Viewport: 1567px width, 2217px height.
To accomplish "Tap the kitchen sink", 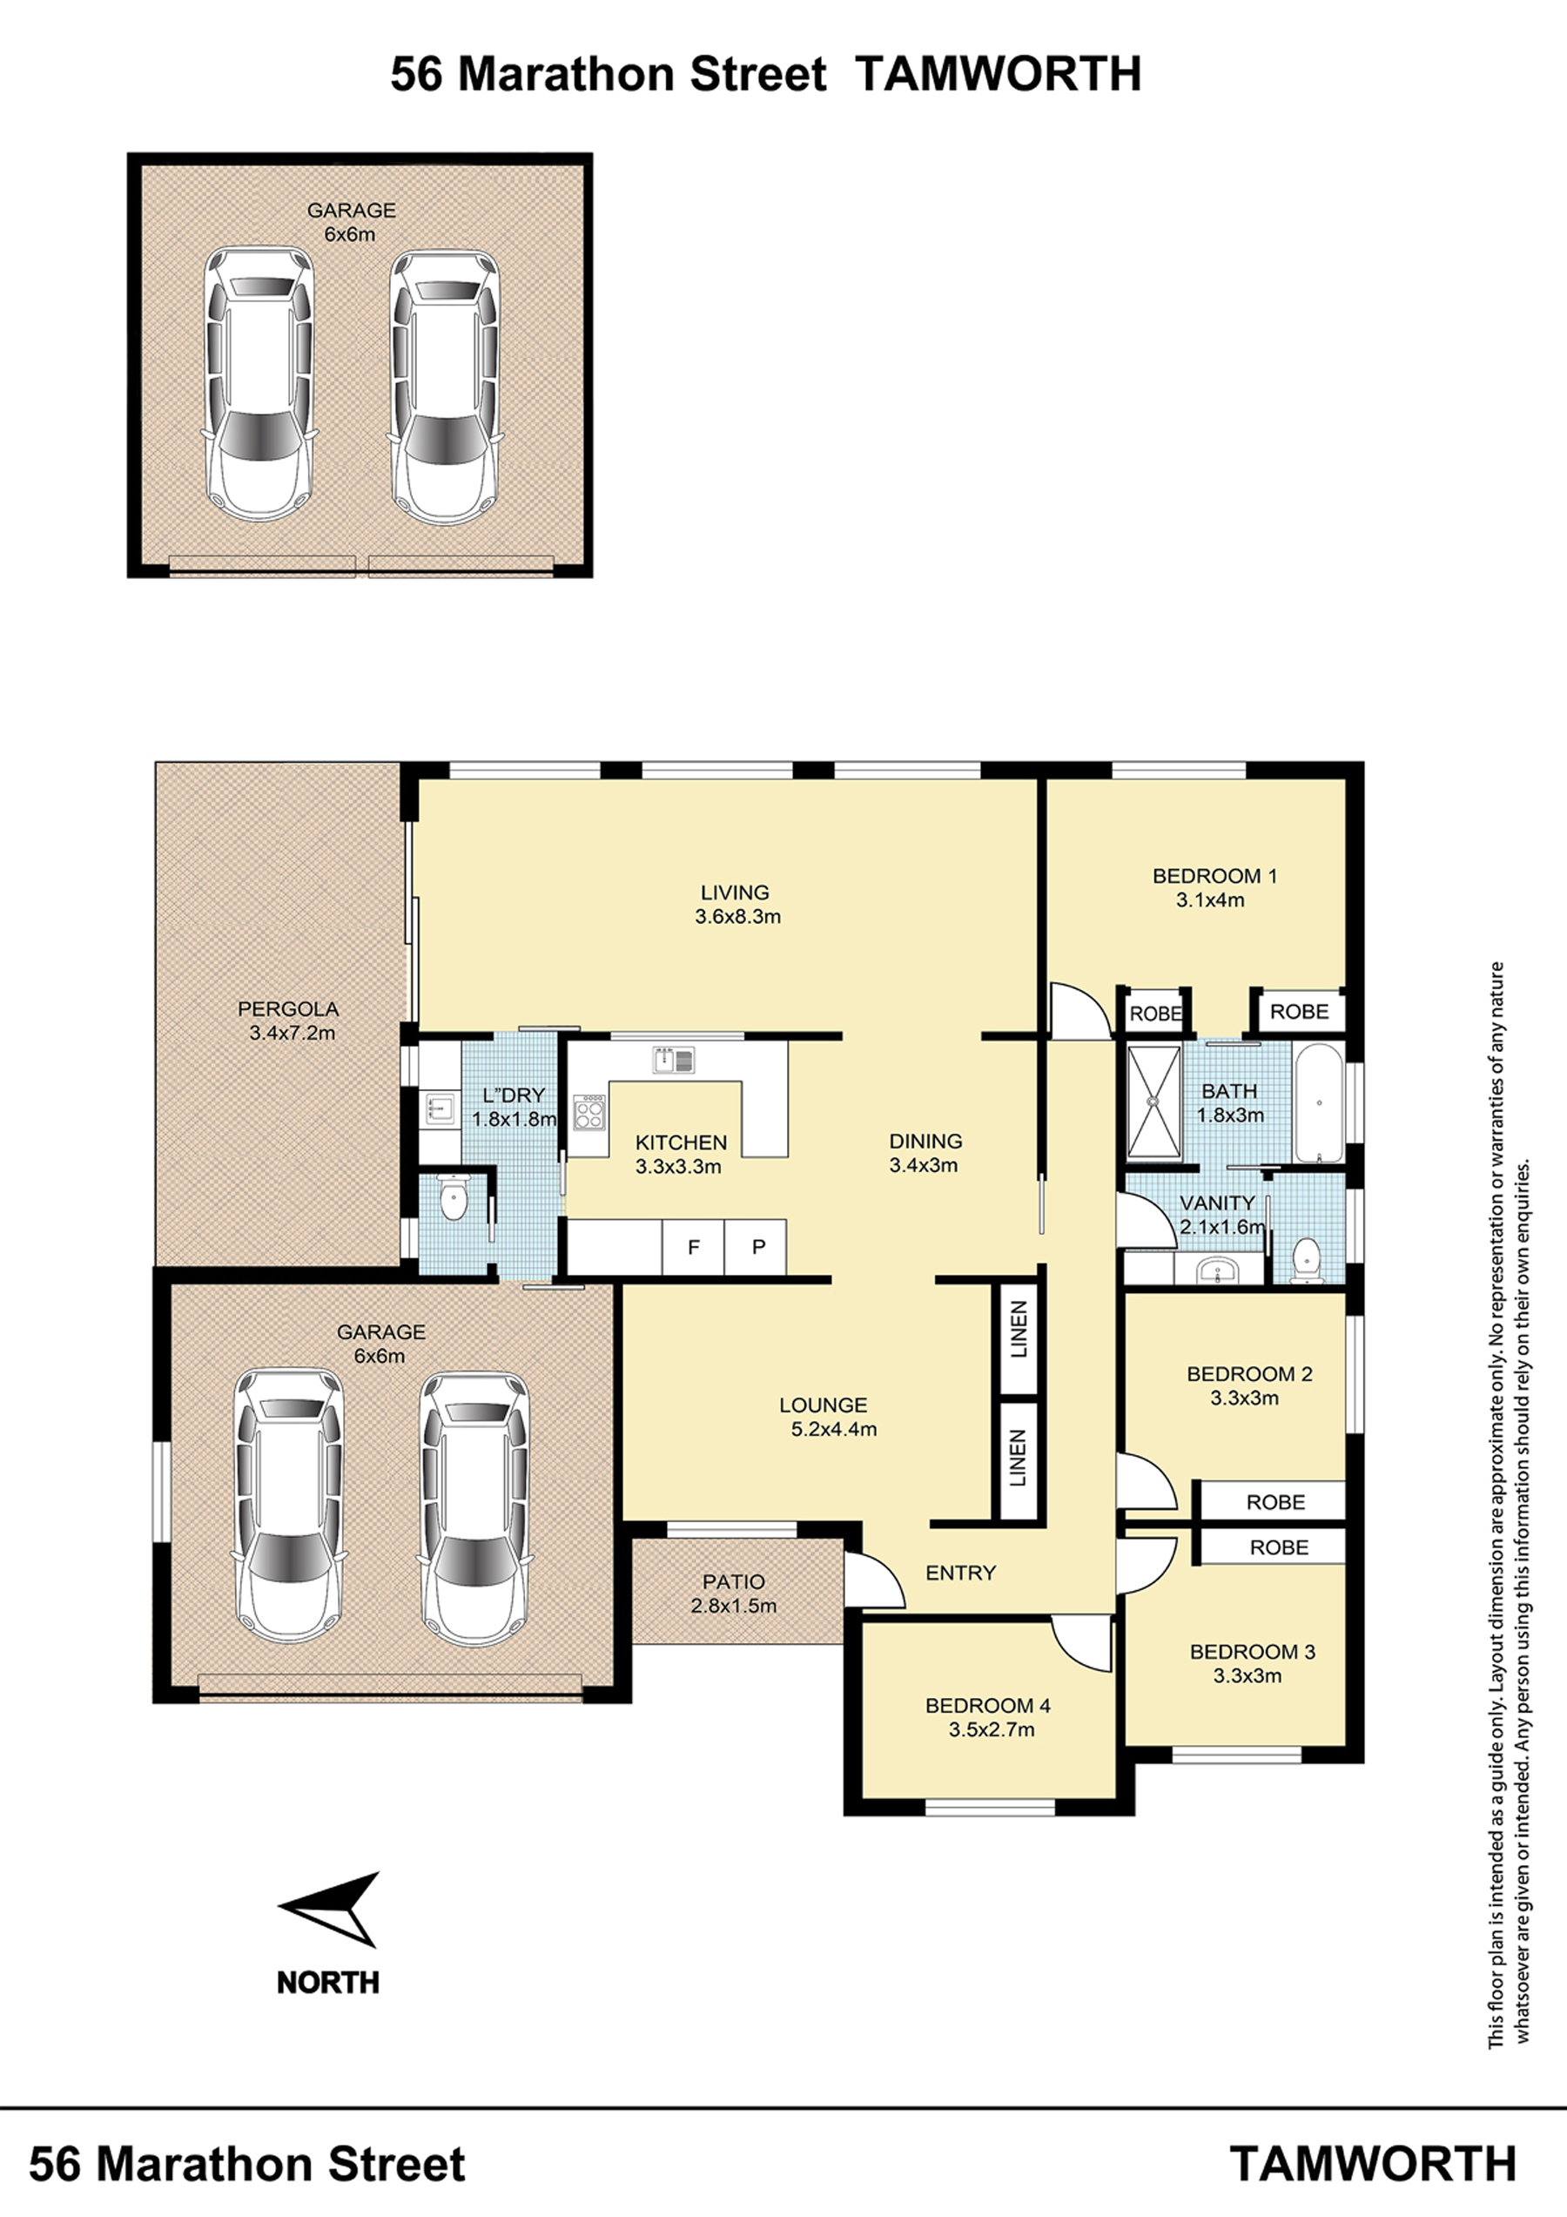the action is click(x=673, y=1061).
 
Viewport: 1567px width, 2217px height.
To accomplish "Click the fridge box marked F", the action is click(x=693, y=1247).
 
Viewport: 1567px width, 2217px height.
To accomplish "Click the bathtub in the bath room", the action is click(x=1317, y=1102).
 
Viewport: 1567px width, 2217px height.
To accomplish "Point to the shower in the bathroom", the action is click(x=1153, y=1100).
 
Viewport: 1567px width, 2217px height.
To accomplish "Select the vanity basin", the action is click(x=1219, y=1270).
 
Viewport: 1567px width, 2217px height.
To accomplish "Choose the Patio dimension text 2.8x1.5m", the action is click(x=734, y=1606).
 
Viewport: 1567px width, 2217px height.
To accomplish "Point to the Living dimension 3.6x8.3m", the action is click(x=737, y=916).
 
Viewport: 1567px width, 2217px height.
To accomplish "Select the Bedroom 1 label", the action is click(x=1214, y=876).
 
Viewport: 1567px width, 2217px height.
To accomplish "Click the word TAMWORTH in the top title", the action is click(x=999, y=74).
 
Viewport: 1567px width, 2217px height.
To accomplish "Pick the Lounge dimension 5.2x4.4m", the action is click(x=834, y=1429).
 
